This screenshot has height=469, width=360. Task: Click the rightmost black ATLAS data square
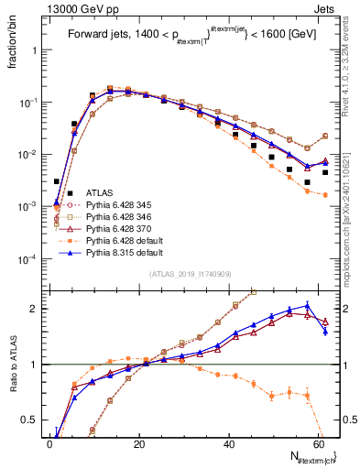(324, 172)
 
